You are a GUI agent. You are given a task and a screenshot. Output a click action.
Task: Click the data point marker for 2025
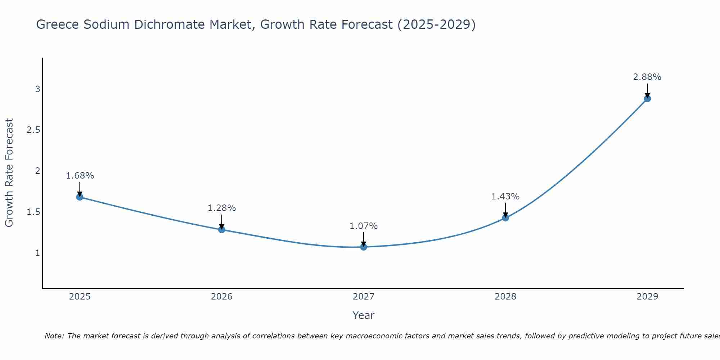[x=80, y=197]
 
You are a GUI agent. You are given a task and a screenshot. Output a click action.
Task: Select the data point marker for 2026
[x=222, y=230]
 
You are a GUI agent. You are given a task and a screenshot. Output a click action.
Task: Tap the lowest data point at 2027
[x=364, y=247]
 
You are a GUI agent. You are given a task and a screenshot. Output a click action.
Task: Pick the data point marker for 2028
[x=505, y=218]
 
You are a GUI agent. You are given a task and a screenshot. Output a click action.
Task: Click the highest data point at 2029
[x=647, y=99]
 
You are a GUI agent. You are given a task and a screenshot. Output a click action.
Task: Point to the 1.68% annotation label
[x=80, y=176]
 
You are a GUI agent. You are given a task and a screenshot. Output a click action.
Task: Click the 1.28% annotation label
[x=222, y=208]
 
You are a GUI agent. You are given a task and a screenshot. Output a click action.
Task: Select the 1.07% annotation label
[x=364, y=226]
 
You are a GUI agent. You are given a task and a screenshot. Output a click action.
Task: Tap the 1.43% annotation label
[x=505, y=197]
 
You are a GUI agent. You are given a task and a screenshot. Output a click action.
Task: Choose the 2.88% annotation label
[x=647, y=77]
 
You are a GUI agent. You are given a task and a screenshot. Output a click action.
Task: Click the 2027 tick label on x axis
[x=364, y=297]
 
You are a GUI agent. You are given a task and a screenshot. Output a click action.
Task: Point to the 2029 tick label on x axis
[x=647, y=297]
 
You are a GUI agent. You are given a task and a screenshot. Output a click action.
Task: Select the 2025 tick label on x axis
[x=80, y=297]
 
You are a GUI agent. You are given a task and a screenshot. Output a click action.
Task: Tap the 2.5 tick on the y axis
[x=33, y=130]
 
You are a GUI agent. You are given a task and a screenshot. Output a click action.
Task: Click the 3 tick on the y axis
[x=37, y=89]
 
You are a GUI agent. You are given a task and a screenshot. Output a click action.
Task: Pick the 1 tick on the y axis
[x=37, y=253]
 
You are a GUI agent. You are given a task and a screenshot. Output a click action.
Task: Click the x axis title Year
[x=364, y=315]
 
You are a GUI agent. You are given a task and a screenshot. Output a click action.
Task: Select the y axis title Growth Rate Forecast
[x=9, y=173]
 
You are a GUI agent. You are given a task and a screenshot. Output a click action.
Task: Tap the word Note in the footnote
[x=54, y=336]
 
